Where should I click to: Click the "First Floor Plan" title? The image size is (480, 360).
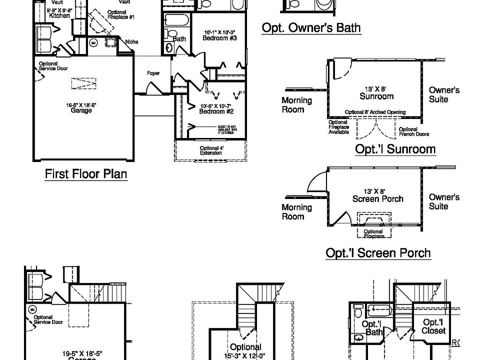click(x=86, y=174)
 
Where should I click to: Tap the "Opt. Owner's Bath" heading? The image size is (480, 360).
click(x=311, y=27)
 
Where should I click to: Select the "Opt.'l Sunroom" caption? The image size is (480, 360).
click(x=395, y=148)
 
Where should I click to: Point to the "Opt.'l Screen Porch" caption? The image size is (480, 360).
click(x=378, y=252)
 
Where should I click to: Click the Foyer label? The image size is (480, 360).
click(x=153, y=73)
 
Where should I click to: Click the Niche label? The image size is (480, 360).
click(x=132, y=41)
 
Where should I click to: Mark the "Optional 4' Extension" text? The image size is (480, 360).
click(x=210, y=150)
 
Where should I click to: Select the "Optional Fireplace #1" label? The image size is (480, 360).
click(x=120, y=14)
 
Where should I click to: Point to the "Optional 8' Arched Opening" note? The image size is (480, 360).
click(x=375, y=112)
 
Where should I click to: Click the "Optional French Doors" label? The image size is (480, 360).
click(x=414, y=131)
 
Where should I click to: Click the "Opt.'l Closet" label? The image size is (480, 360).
click(x=433, y=326)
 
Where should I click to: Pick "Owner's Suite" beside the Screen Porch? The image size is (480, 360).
click(x=444, y=201)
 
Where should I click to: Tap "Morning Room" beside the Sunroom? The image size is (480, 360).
click(x=296, y=104)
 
